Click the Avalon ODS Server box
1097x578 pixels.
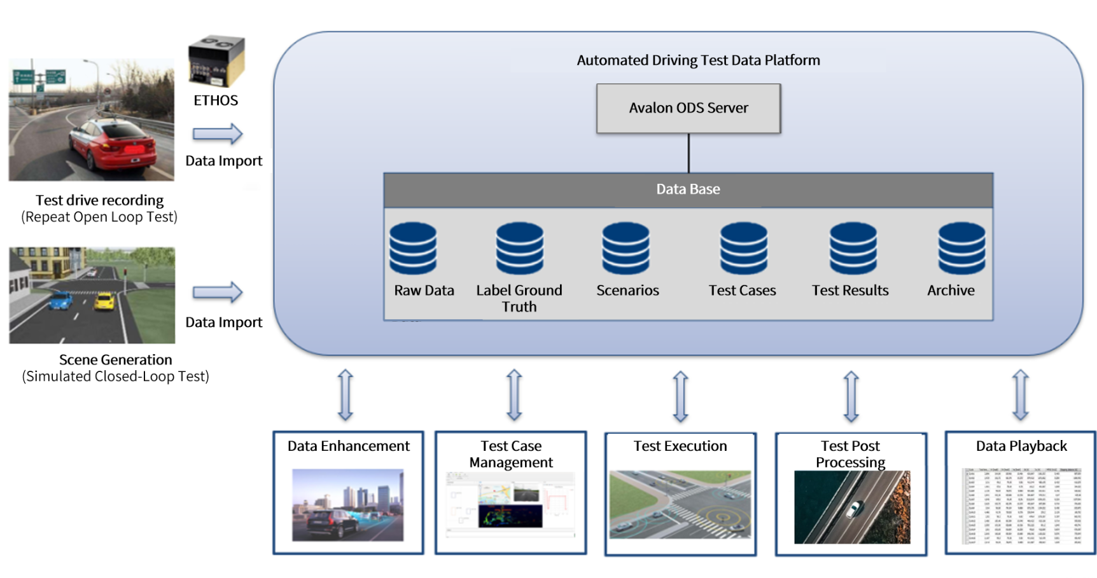[688, 108]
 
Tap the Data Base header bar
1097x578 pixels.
[688, 189]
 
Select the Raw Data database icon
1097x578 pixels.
[413, 248]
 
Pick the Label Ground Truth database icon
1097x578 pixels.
[520, 248]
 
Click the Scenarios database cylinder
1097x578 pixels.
[626, 248]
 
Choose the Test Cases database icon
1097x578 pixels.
[743, 248]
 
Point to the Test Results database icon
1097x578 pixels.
[853, 248]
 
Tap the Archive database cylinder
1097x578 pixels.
[961, 248]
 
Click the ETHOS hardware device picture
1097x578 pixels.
[216, 61]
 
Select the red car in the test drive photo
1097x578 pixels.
[113, 144]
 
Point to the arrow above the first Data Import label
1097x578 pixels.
[218, 134]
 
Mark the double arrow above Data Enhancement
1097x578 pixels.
[346, 395]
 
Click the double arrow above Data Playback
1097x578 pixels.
[1021, 395]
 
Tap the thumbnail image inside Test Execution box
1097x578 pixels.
[680, 504]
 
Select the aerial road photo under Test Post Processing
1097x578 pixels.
[852, 507]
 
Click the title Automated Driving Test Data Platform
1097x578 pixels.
[698, 60]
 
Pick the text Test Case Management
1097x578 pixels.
[511, 454]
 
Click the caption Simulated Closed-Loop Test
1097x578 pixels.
[115, 376]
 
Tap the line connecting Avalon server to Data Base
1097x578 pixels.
[688, 153]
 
